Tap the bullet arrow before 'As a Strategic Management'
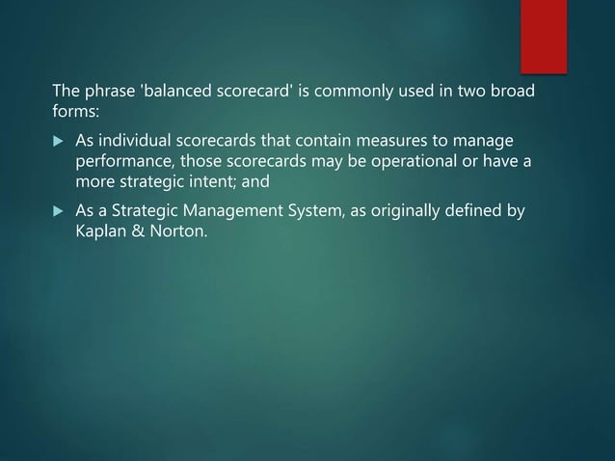[57, 211]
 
